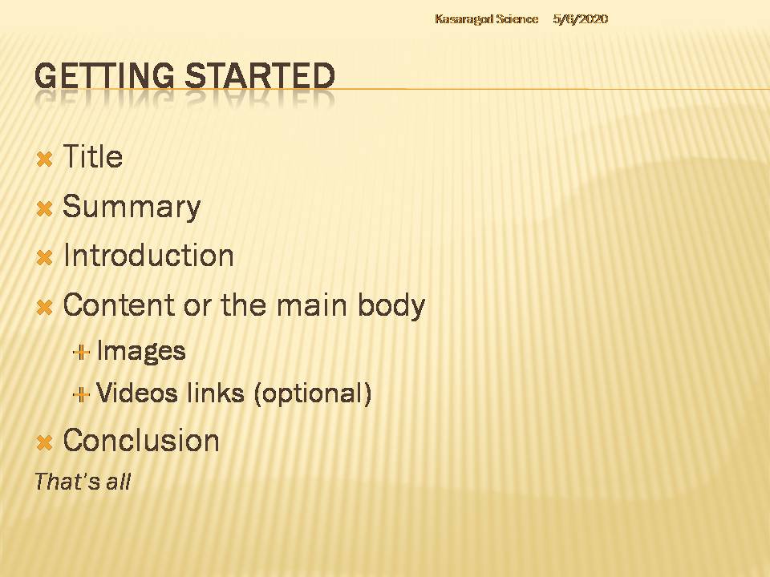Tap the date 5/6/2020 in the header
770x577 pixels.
[x=581, y=19]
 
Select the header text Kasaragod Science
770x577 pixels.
[x=487, y=19]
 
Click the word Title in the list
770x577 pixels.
[x=93, y=156]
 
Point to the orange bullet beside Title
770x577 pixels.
[x=44, y=159]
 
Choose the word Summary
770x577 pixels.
[x=132, y=207]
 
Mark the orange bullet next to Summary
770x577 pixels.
[x=44, y=208]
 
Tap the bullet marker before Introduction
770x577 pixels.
[x=44, y=257]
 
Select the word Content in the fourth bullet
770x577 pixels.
[x=120, y=305]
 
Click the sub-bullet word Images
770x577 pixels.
[x=141, y=351]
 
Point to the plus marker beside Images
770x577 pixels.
[x=81, y=353]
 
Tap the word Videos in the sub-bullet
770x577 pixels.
[x=136, y=393]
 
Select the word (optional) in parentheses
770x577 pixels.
[x=312, y=393]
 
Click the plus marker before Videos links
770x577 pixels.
[x=81, y=394]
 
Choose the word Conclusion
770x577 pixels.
[x=141, y=440]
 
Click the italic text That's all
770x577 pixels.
[x=83, y=482]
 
